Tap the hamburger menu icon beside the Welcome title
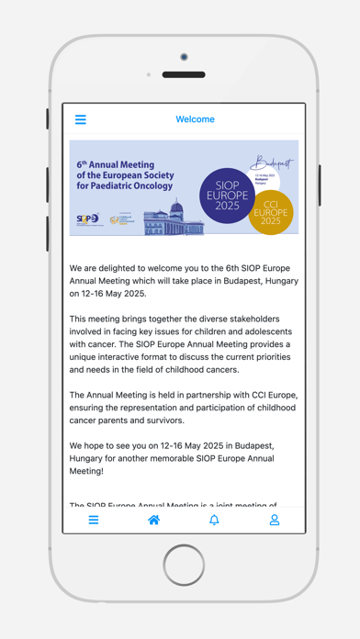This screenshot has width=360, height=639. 81,119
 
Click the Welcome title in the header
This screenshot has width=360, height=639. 195,119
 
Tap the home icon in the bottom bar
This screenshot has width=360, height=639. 153,520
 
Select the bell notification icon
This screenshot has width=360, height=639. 214,520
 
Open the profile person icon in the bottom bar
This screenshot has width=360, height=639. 274,520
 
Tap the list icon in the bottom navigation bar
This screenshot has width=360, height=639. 94,520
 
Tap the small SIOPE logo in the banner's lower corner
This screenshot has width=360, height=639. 89,219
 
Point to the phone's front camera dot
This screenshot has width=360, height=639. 184,58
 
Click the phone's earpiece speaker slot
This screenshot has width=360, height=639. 184,74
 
